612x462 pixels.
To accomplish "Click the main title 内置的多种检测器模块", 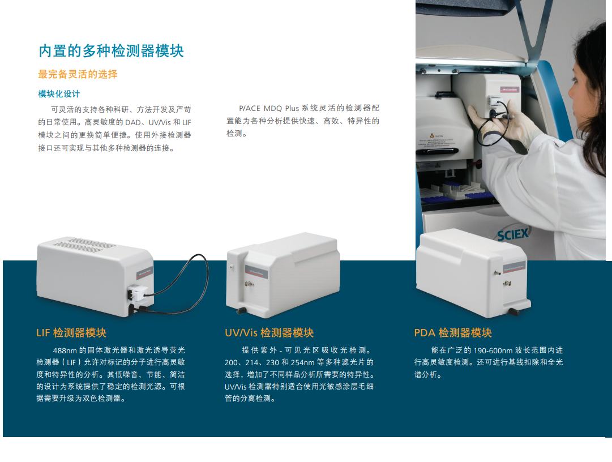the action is coord(111,51).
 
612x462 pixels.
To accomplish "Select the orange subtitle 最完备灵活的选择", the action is coord(78,74).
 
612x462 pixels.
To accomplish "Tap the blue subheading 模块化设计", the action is coord(59,94).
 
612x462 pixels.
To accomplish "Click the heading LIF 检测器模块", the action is coord(71,333).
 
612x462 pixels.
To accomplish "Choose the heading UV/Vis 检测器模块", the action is coord(269,333).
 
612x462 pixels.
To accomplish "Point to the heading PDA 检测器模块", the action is coord(453,333).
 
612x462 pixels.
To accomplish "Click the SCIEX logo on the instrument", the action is coord(513,235).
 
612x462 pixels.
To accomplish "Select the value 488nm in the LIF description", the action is coord(65,350).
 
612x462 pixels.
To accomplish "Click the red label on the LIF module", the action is coord(145,272).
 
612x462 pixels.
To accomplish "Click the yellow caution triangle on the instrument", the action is coord(431,135).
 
